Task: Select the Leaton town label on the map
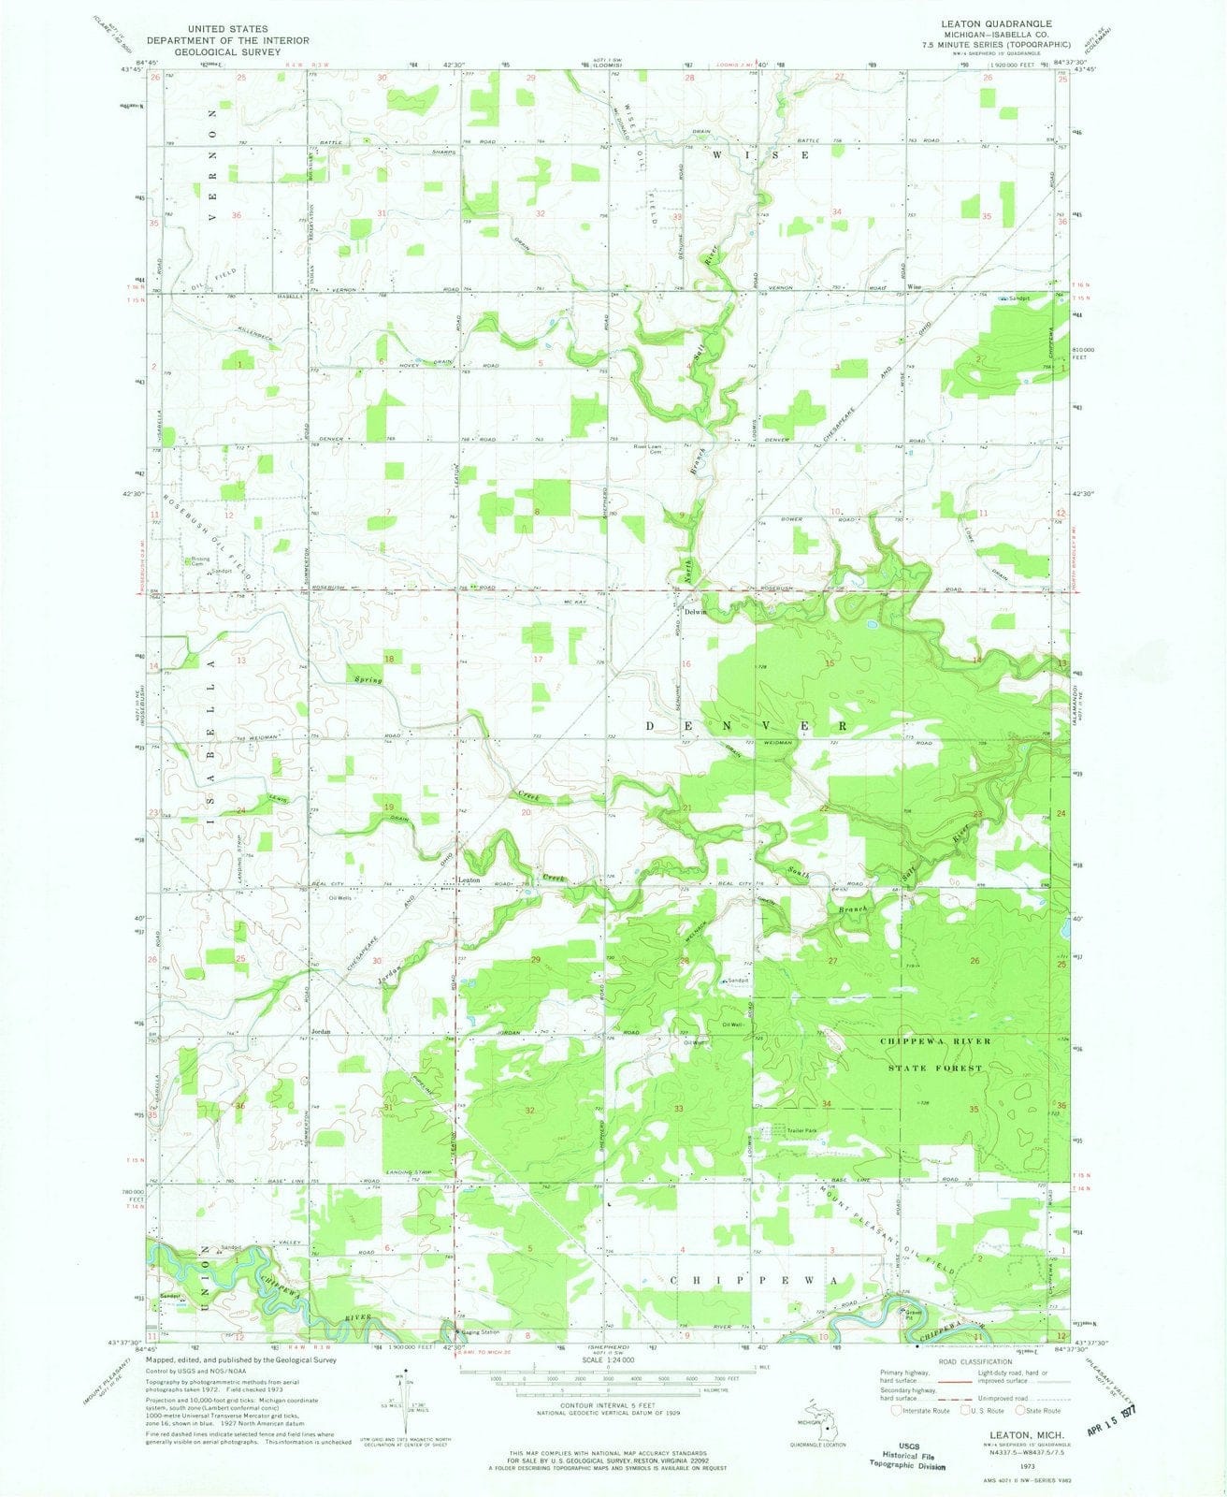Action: click(469, 879)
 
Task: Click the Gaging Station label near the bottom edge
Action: click(479, 1332)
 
